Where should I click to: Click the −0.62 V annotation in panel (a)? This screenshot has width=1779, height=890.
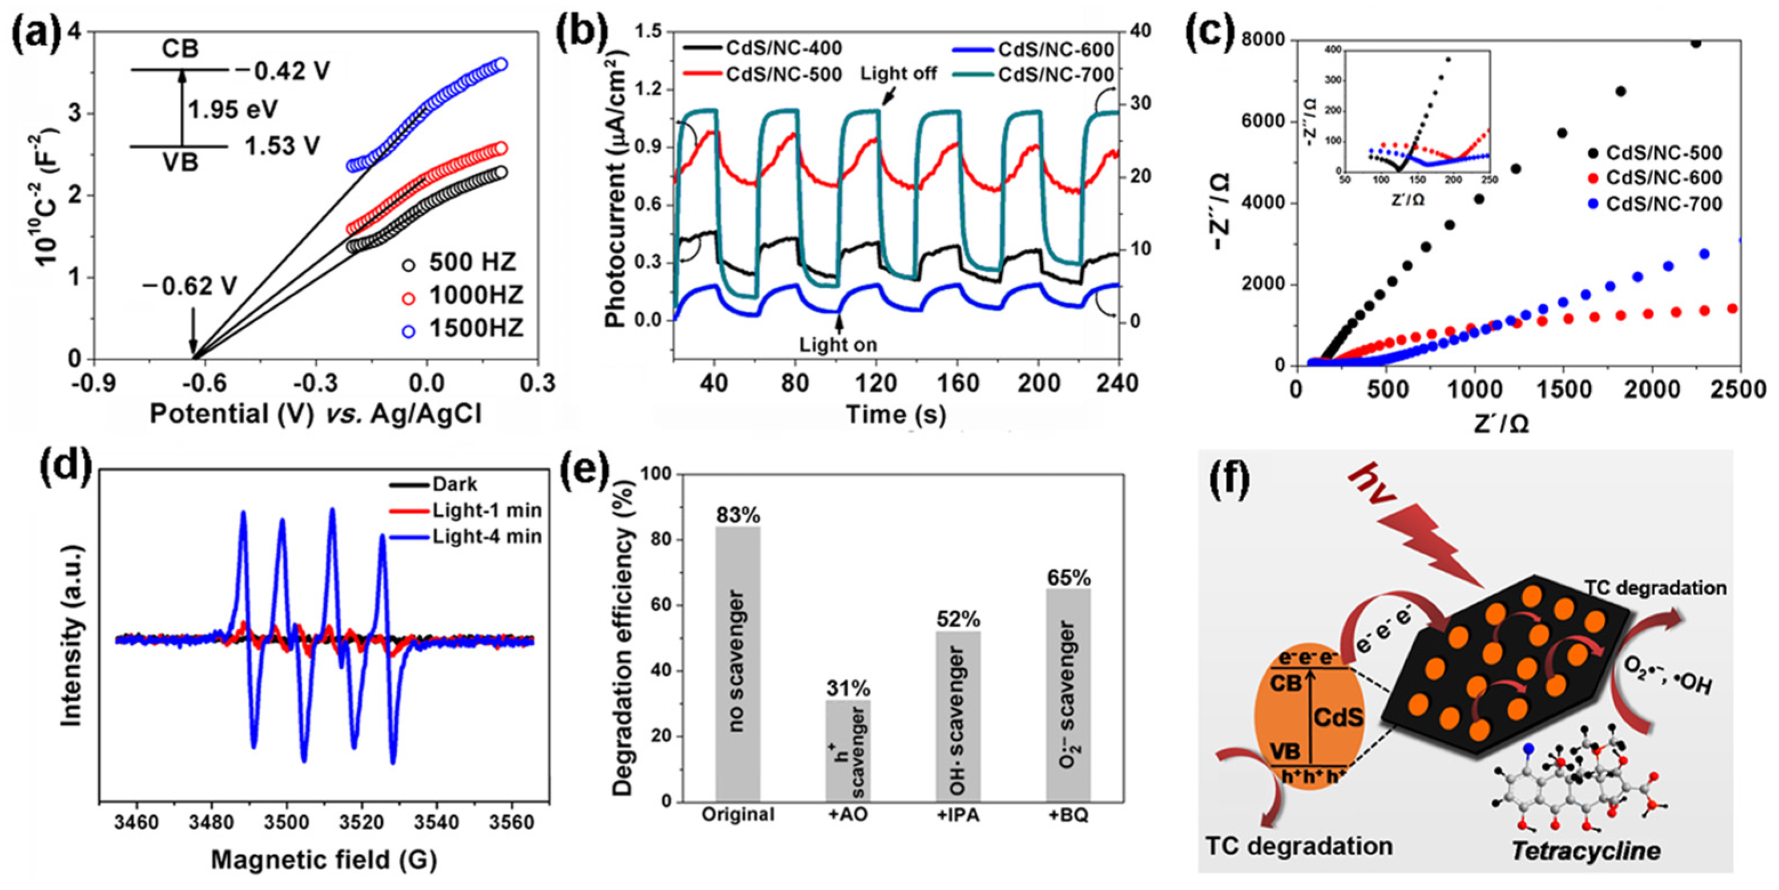click(x=190, y=285)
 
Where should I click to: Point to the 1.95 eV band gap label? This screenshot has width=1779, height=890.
click(x=233, y=109)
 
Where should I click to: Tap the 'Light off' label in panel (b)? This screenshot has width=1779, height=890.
click(x=898, y=73)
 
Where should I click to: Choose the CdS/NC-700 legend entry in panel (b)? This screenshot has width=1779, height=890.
click(x=1056, y=74)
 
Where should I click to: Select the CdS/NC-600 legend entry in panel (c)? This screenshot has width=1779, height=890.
click(x=1664, y=177)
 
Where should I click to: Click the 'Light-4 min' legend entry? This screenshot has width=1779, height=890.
click(x=487, y=536)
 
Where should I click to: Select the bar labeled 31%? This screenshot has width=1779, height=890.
click(x=848, y=751)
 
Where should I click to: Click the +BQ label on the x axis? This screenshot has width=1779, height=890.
click(x=1068, y=815)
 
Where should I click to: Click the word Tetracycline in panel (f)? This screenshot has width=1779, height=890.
click(x=1586, y=850)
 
